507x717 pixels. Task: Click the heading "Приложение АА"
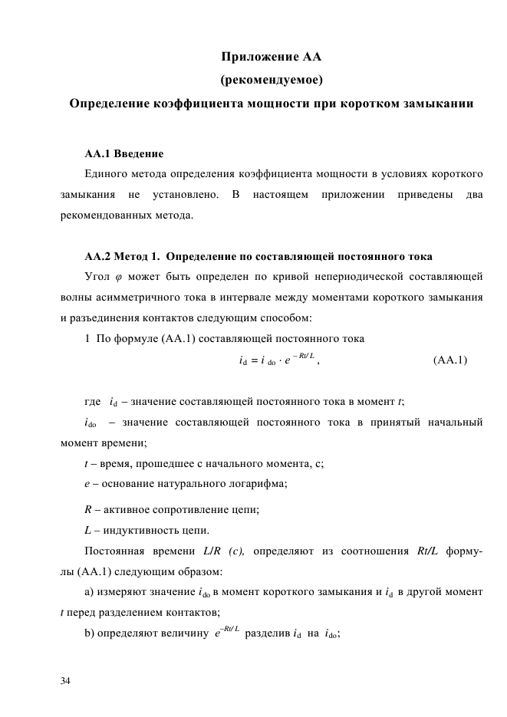click(272, 57)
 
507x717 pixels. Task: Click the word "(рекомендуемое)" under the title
click(272, 79)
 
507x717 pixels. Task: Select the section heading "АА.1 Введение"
click(123, 152)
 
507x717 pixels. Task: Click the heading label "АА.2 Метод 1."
click(121, 255)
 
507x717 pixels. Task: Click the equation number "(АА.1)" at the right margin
click(449, 359)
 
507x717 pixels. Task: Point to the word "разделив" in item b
click(268, 633)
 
